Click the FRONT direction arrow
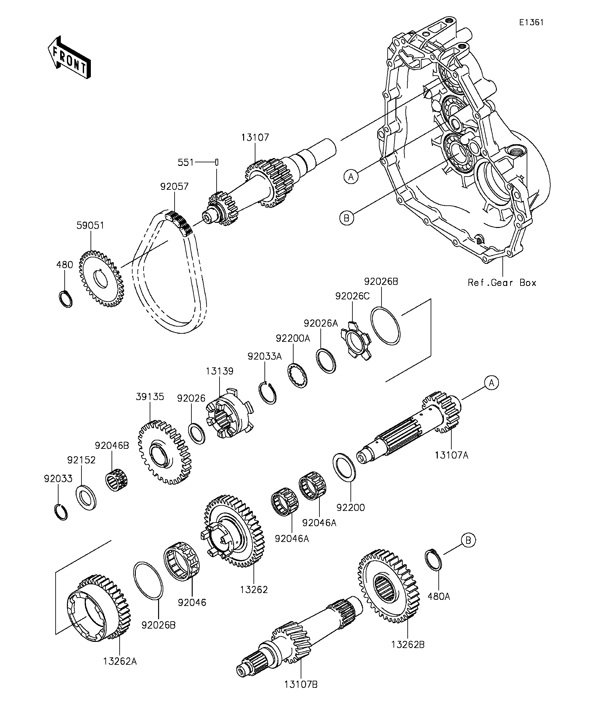pos(69,57)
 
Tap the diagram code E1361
pos(531,22)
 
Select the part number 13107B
pos(301,685)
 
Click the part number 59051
pos(90,225)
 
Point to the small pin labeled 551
pos(217,162)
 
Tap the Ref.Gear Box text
pos(502,283)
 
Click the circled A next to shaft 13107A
pos(491,383)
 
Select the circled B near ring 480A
pos(468,540)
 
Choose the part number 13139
pos(220,371)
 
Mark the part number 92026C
pos(352,296)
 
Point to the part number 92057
pos(175,186)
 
